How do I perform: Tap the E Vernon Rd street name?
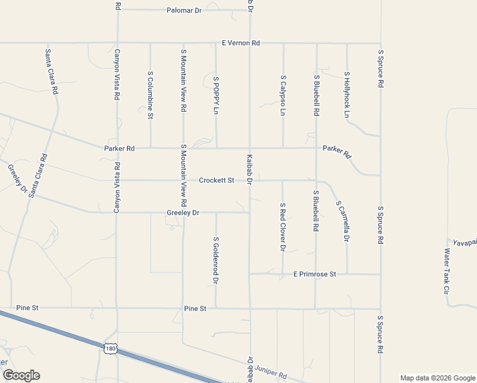240,43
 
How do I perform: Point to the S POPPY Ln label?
216,95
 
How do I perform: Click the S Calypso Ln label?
283,95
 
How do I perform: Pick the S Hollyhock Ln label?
347,94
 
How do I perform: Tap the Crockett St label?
217,181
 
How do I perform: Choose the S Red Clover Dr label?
283,227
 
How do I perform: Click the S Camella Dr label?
342,221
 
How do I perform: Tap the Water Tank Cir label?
447,271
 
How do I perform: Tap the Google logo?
21,375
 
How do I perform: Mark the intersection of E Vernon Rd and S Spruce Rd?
380,43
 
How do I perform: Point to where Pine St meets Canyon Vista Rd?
117,308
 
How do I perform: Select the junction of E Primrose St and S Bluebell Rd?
316,274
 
